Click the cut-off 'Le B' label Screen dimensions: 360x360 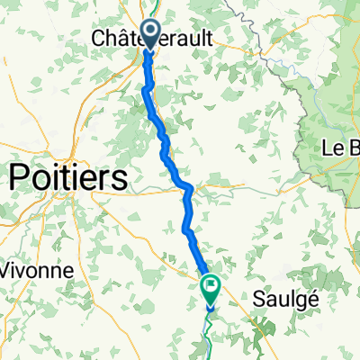pos(341,147)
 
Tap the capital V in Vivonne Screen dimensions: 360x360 pos(7,270)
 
